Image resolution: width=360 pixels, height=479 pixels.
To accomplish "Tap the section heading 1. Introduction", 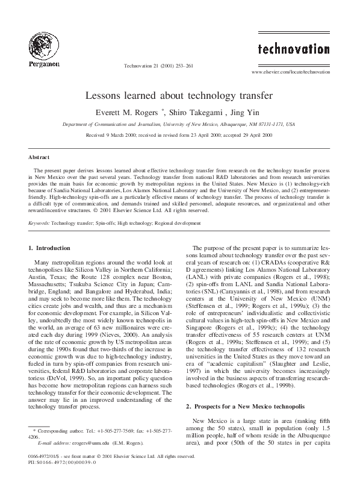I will click(x=54, y=248).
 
